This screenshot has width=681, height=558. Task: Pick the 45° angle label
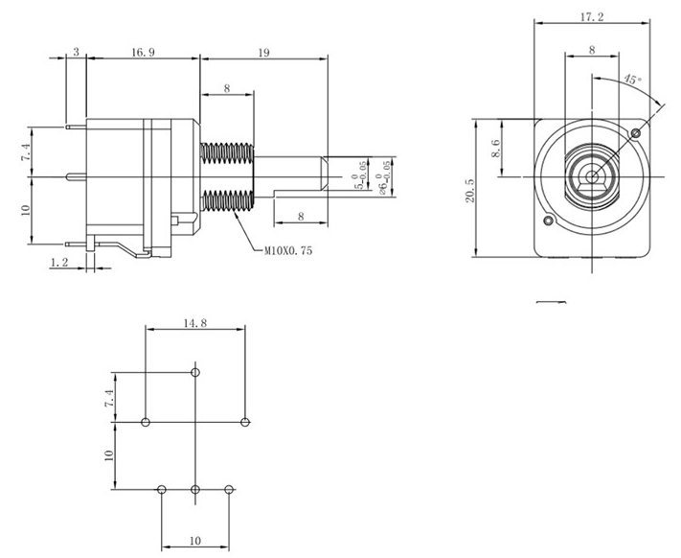[x=631, y=80]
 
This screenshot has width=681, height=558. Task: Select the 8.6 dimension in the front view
[x=496, y=149]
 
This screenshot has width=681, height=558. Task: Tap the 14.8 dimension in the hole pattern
[x=194, y=323]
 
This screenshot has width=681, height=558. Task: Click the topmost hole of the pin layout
[x=195, y=372]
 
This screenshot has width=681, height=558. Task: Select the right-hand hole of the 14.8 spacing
[x=246, y=422]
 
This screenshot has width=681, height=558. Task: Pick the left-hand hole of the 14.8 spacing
[x=145, y=422]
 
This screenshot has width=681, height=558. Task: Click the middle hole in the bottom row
[x=195, y=490]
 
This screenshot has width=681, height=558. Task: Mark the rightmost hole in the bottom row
[x=229, y=490]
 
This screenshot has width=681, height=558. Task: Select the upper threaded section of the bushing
[x=227, y=152]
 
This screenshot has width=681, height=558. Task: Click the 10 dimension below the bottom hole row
[x=195, y=541]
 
